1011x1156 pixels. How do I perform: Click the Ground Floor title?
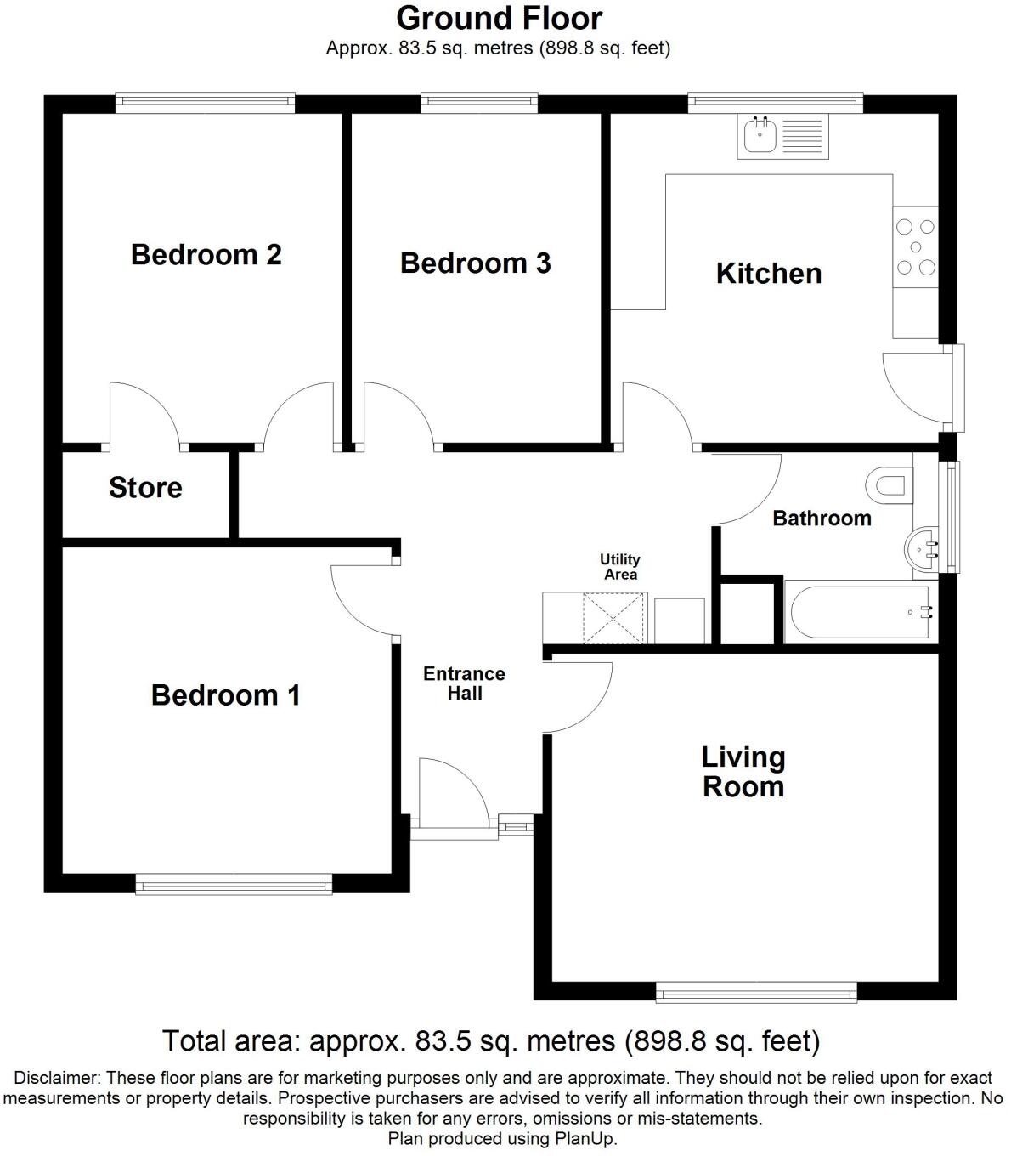click(x=499, y=18)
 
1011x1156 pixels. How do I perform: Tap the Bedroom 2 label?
click(x=206, y=254)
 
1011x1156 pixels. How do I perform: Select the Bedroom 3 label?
click(x=475, y=263)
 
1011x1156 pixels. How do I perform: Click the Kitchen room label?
click(x=768, y=274)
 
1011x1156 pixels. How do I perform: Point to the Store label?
click(x=145, y=488)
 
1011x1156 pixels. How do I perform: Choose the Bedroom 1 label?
click(x=225, y=695)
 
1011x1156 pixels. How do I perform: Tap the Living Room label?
click(x=743, y=772)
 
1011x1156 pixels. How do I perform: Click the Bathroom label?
click(x=821, y=518)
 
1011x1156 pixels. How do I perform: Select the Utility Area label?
click(x=620, y=567)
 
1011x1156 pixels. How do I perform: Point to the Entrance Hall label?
click(x=464, y=683)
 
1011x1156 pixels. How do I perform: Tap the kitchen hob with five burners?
click(x=916, y=247)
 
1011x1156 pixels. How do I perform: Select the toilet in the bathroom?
click(x=888, y=485)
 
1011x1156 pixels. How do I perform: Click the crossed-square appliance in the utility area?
click(x=614, y=618)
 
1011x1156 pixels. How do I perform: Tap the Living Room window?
click(x=756, y=991)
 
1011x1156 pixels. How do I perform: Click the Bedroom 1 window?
click(x=234, y=885)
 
